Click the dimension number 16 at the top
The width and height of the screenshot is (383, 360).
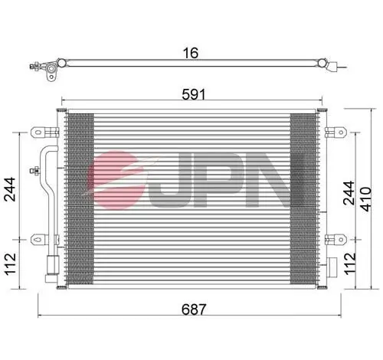coord(191,53)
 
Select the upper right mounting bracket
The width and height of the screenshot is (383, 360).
coord(332,130)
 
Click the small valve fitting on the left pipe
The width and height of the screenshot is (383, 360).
coord(34,170)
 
